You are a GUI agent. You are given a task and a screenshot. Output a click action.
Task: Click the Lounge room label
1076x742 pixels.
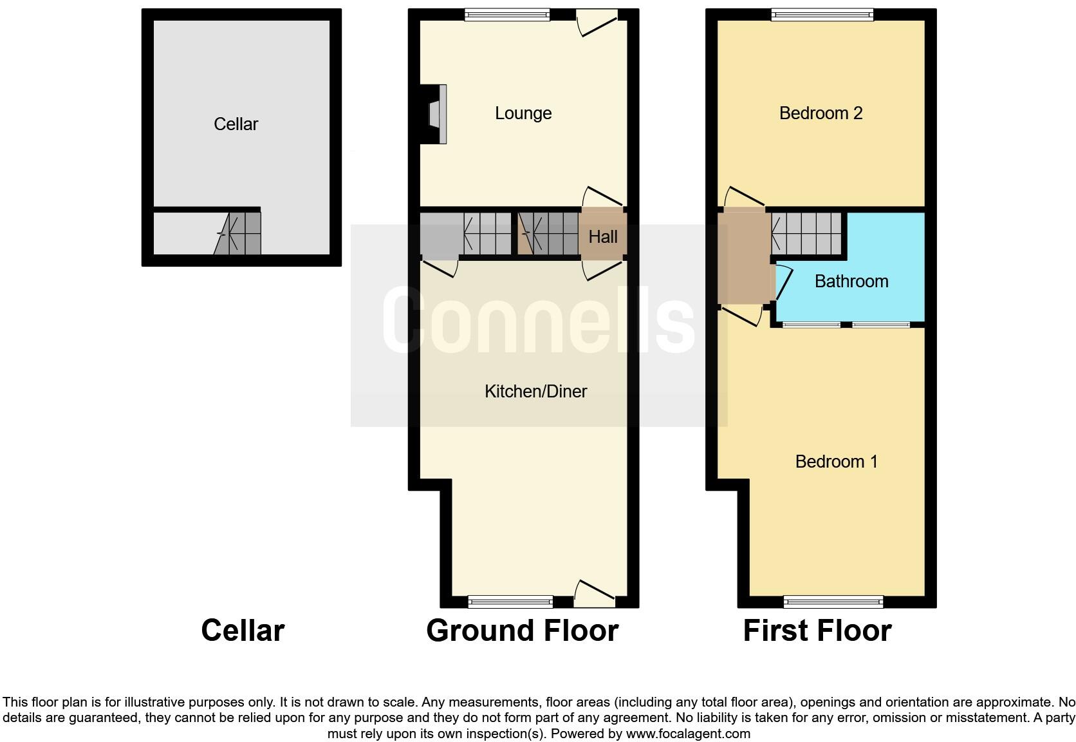[523, 113]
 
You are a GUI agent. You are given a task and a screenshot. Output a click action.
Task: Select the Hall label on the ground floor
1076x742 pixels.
[603, 237]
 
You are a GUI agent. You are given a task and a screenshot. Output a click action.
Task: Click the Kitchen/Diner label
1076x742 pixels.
[535, 392]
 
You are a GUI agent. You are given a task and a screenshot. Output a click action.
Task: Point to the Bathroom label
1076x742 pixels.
[851, 281]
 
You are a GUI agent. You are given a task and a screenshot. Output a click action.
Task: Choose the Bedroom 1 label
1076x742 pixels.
[836, 462]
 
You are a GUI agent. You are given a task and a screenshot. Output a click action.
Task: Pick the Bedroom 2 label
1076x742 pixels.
[821, 113]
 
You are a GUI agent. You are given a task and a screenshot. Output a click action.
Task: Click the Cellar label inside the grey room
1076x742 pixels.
[236, 124]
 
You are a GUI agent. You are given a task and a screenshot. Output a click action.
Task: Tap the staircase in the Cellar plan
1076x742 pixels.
[239, 233]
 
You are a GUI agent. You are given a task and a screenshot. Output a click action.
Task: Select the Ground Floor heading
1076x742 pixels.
[522, 631]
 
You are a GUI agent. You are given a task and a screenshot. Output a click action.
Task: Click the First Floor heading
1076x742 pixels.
[817, 631]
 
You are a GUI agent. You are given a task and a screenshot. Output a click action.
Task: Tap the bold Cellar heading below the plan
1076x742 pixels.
[243, 631]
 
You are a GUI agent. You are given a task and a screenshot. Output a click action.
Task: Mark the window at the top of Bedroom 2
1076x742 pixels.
[822, 15]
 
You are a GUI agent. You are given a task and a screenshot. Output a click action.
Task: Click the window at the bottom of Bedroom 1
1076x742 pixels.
[833, 602]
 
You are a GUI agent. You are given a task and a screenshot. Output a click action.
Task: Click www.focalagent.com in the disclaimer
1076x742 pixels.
[688, 734]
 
